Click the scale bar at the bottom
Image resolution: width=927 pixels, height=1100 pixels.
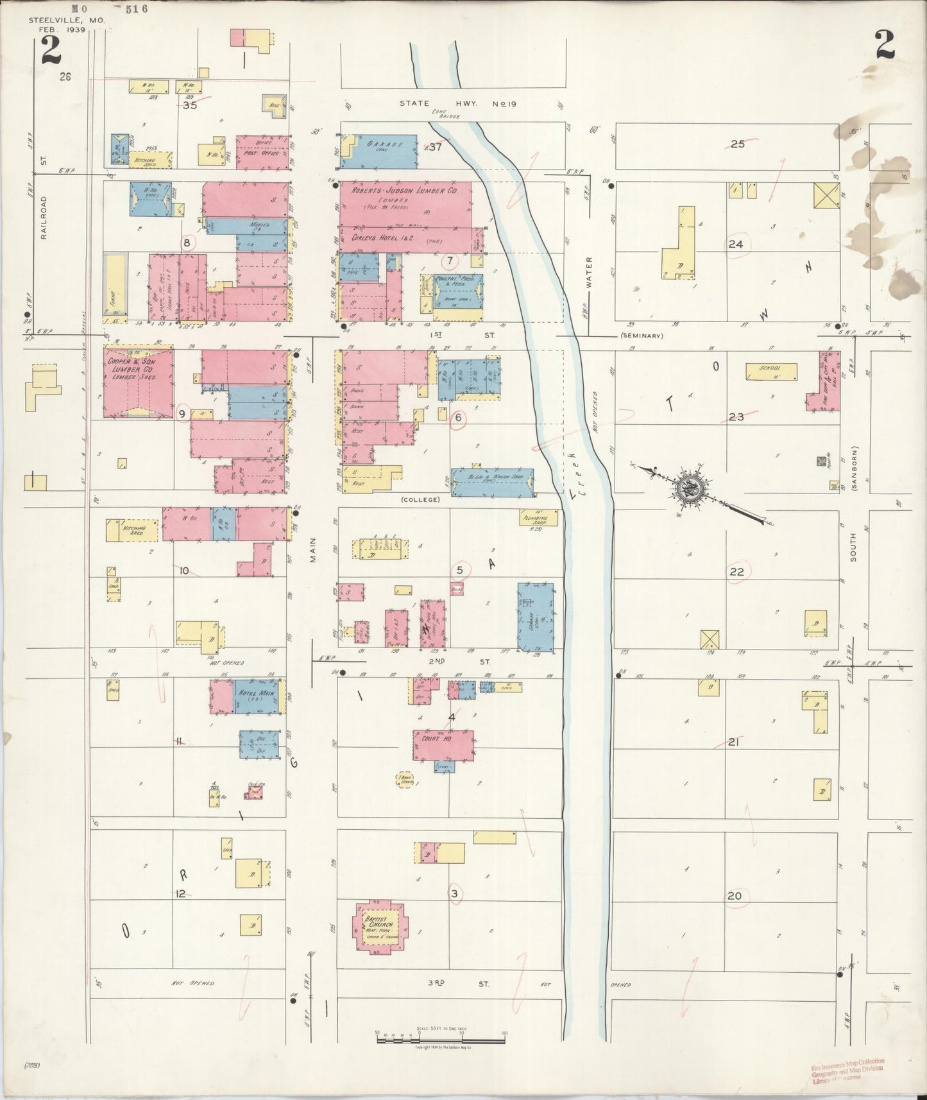click(x=440, y=1035)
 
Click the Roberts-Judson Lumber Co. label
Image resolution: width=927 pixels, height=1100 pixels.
click(x=404, y=191)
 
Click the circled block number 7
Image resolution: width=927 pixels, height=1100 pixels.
click(x=450, y=261)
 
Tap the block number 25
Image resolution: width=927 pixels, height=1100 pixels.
click(x=738, y=144)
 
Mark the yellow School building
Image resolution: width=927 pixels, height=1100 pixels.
click(x=772, y=371)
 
